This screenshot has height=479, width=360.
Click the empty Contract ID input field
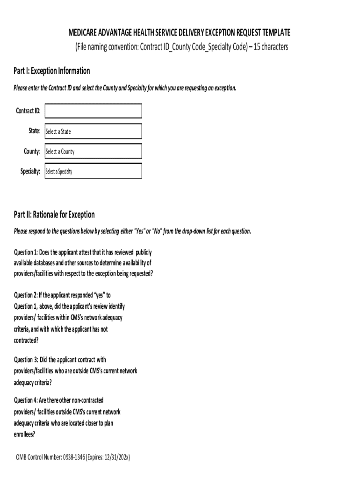(93, 111)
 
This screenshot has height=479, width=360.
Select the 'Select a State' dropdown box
(93, 131)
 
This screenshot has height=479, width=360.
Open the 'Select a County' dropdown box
(93, 152)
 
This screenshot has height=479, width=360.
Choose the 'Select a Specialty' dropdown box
(93, 172)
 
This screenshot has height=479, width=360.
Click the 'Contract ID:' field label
(28, 111)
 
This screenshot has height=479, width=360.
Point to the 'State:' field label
(35, 131)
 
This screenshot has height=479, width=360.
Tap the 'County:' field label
(32, 152)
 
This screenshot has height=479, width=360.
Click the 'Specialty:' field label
(30, 172)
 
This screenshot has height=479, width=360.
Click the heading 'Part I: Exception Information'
(52, 71)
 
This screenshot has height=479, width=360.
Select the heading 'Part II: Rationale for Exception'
(54, 215)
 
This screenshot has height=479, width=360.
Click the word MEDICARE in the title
(84, 33)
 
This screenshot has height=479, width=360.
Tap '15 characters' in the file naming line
(271, 47)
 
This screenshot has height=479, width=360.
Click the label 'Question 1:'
(26, 252)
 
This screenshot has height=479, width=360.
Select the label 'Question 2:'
(26, 295)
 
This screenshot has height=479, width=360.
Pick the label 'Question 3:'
(26, 360)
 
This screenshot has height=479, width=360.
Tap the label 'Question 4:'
(26, 400)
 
